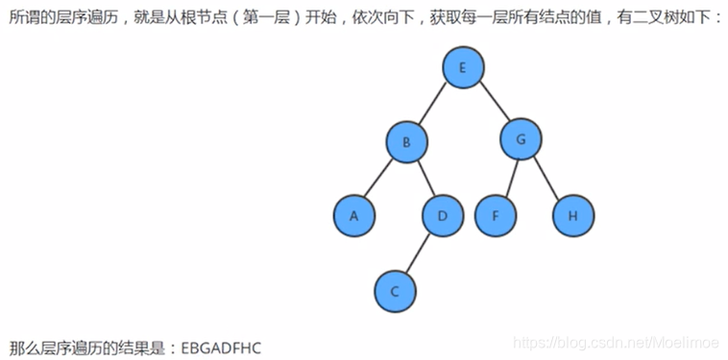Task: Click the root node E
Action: (463, 67)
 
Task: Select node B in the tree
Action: (407, 143)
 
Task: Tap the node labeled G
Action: (521, 139)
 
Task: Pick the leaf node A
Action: (354, 215)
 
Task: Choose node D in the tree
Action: (443, 215)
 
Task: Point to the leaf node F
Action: (496, 215)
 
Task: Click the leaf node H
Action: (572, 215)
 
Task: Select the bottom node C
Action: (394, 290)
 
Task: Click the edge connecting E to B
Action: (434, 106)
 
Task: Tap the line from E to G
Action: (492, 104)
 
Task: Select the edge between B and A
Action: (381, 179)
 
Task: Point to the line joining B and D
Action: (425, 179)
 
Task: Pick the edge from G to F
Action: (508, 178)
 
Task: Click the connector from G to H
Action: (546, 178)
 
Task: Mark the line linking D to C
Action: (419, 252)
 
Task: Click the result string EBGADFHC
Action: (221, 345)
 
